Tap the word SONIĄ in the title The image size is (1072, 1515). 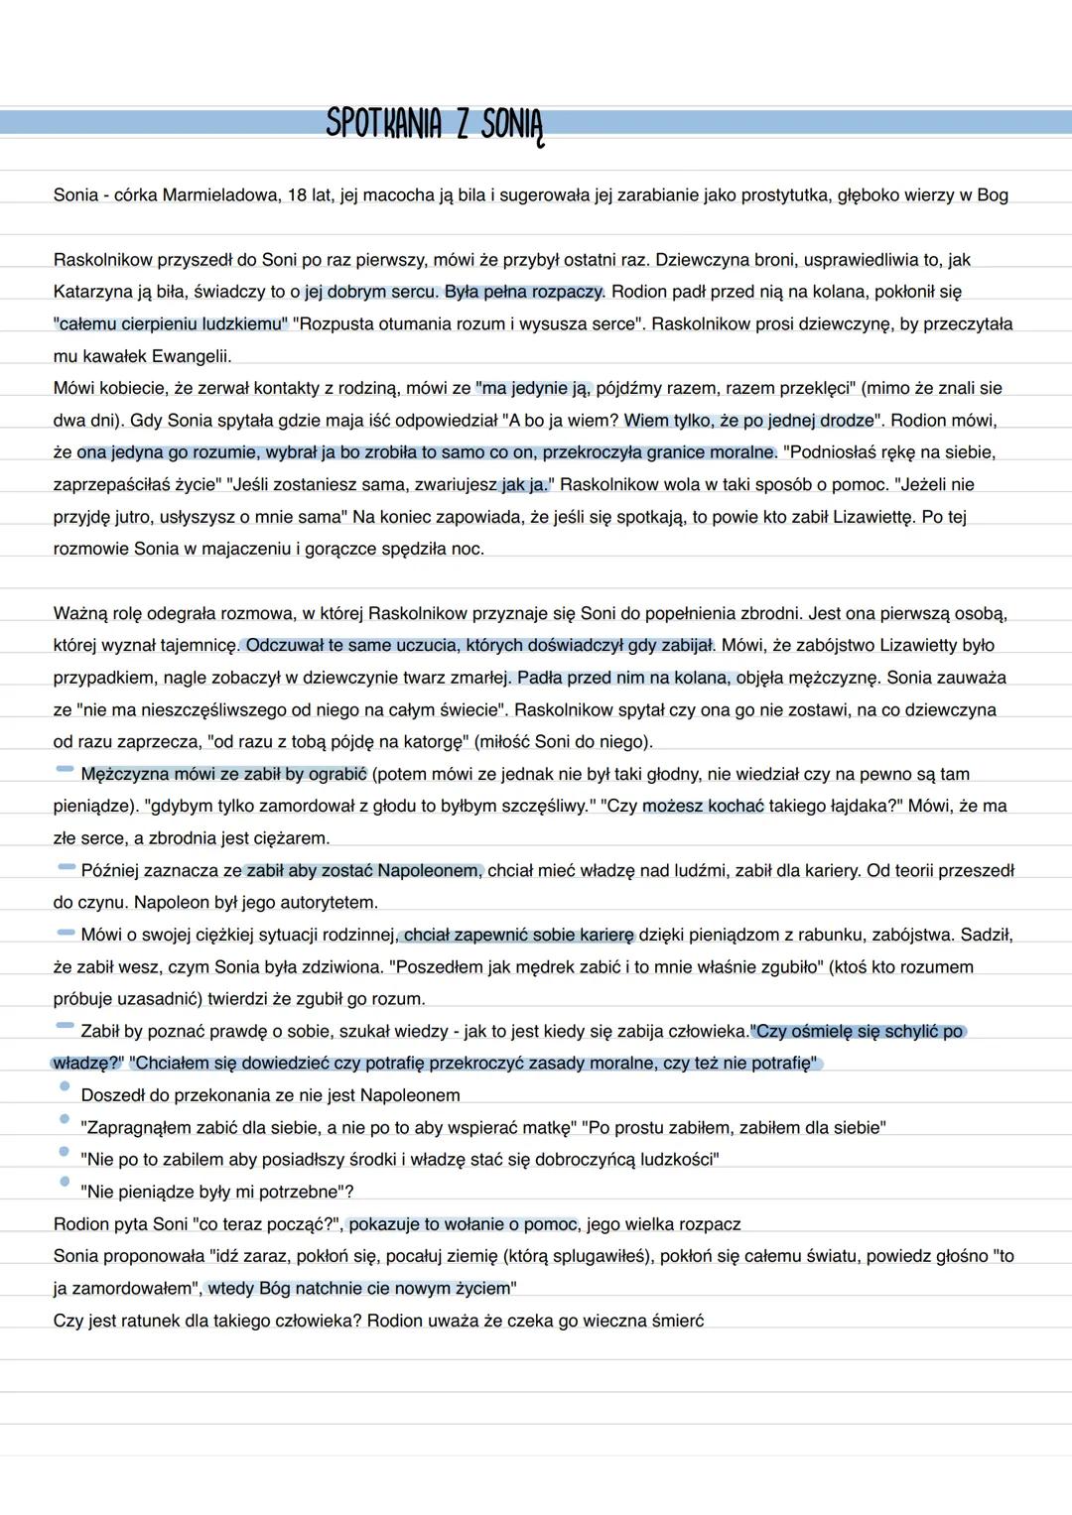tap(512, 126)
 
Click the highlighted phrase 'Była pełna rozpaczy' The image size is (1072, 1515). tap(524, 292)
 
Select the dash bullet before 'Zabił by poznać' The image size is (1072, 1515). tap(66, 1026)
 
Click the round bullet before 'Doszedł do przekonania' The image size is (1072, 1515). tap(66, 1087)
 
